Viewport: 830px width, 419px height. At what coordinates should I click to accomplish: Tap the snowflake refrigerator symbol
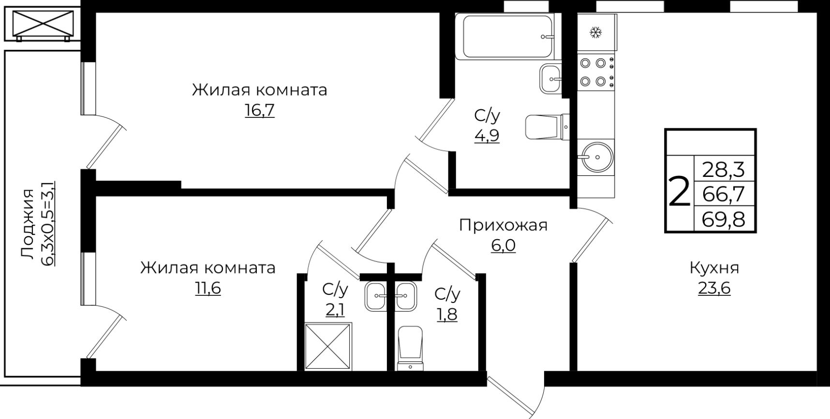click(595, 33)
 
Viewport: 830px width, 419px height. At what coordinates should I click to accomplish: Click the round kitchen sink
click(597, 157)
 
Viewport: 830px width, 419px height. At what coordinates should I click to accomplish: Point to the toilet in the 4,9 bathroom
click(547, 126)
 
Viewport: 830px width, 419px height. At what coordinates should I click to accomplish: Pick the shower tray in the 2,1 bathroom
click(328, 347)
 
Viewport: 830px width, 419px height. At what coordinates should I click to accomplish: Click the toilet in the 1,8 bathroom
click(410, 348)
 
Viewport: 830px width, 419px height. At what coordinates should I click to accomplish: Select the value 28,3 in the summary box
click(723, 170)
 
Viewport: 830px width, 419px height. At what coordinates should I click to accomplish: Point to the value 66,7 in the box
click(723, 194)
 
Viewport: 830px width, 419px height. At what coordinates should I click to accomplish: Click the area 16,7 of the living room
click(259, 111)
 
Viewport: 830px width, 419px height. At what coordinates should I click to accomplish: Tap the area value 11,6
click(207, 289)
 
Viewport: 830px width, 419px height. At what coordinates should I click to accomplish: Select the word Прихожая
click(503, 225)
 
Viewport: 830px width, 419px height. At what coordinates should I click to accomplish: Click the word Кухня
click(714, 267)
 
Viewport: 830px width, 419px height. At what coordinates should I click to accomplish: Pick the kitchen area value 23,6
click(714, 289)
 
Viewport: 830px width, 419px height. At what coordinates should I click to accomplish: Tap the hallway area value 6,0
click(503, 246)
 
